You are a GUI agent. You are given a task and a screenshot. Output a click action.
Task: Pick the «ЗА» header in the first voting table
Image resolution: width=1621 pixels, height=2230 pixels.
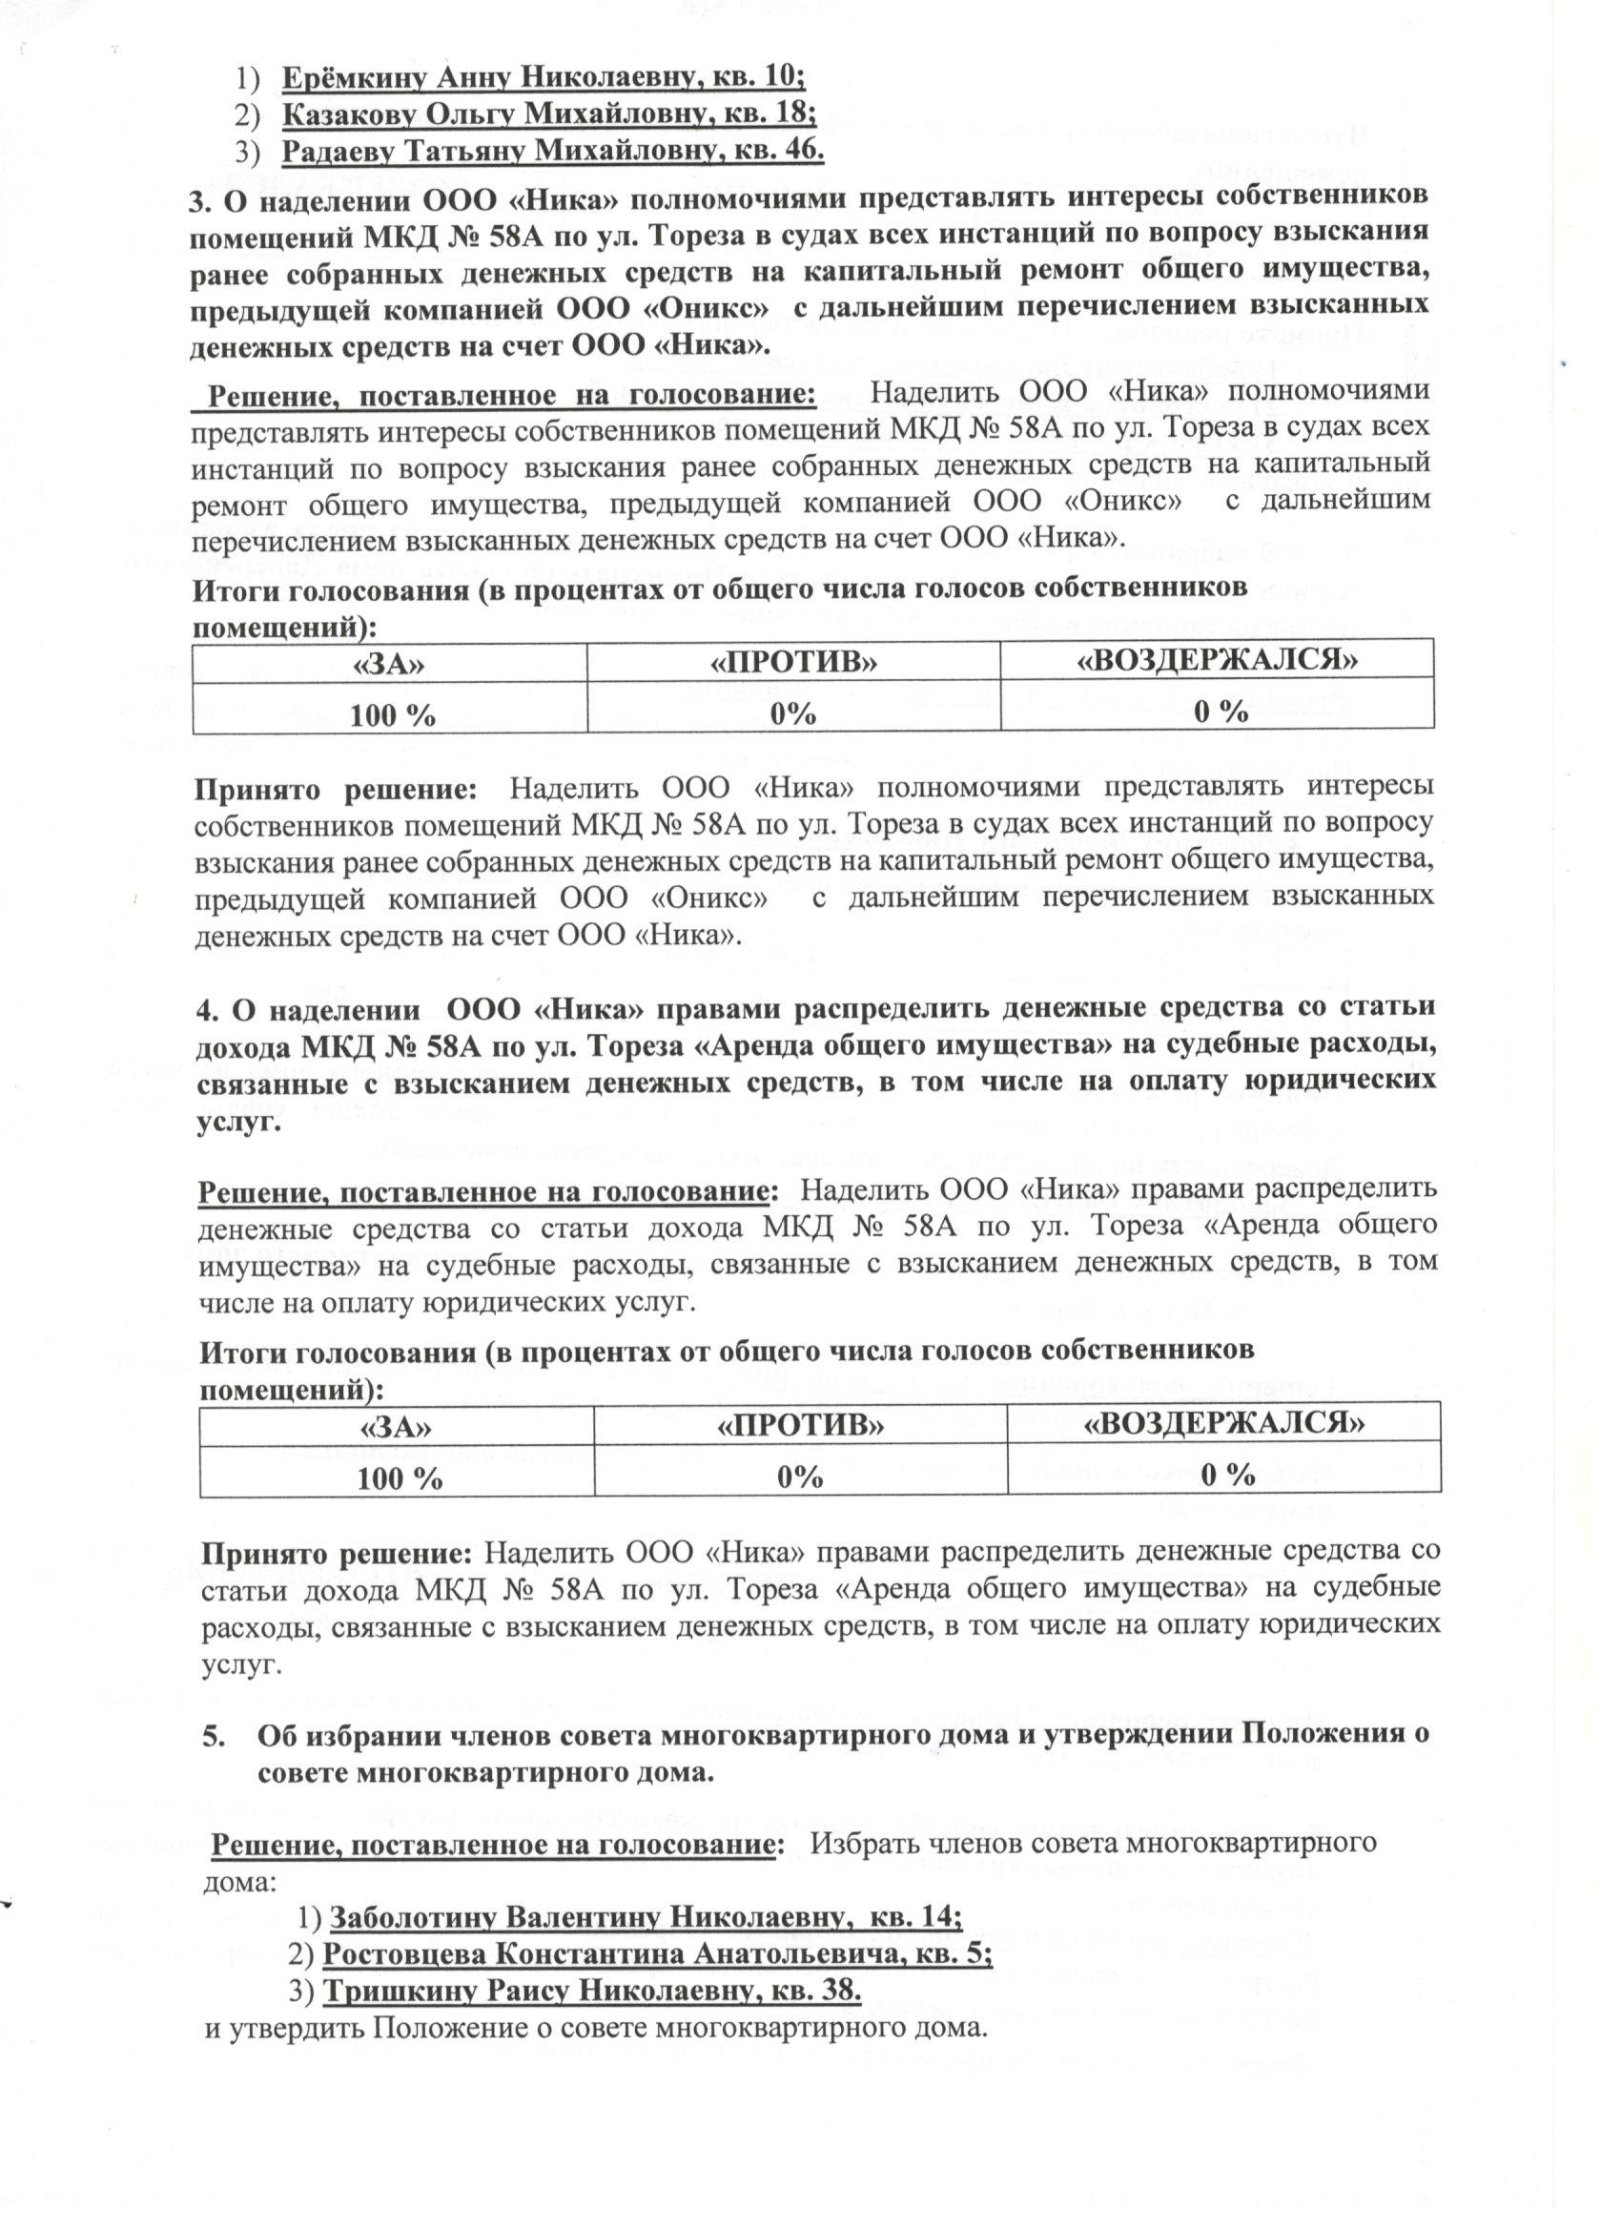pos(389,662)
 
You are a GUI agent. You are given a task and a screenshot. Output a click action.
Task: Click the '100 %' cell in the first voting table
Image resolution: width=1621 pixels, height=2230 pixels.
pos(392,714)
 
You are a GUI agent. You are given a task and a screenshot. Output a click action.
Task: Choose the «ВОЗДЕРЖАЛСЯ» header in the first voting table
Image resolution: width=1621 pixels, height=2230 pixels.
pos(1217,660)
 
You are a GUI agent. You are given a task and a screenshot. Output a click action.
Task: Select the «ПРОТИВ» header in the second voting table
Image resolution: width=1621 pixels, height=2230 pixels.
pos(800,1425)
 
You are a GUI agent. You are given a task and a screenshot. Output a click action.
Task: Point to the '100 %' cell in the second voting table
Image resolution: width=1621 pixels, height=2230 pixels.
pos(400,1477)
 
